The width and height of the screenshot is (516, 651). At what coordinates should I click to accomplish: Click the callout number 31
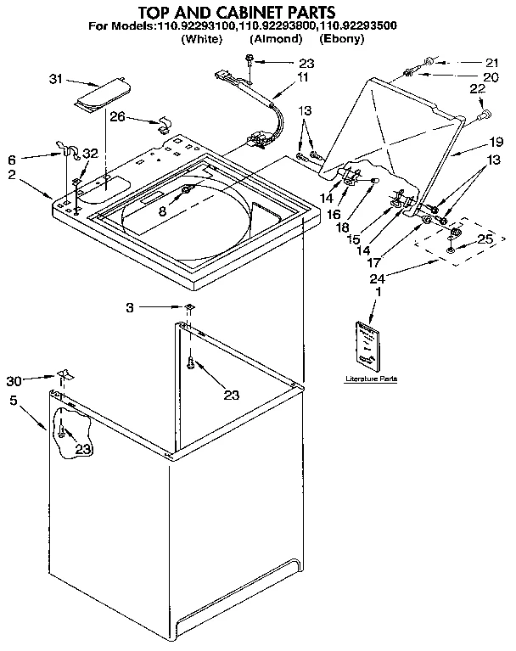pyautogui.click(x=56, y=80)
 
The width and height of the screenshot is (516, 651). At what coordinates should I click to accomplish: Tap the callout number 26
pyautogui.click(x=118, y=117)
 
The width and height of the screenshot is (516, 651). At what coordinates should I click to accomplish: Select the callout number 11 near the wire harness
pyautogui.click(x=304, y=77)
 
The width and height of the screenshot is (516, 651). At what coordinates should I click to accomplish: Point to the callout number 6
pyautogui.click(x=12, y=159)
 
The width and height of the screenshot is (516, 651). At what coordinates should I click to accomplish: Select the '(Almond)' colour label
pyautogui.click(x=276, y=39)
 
